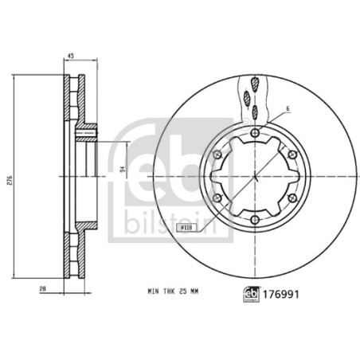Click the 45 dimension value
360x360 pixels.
tap(72, 57)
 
